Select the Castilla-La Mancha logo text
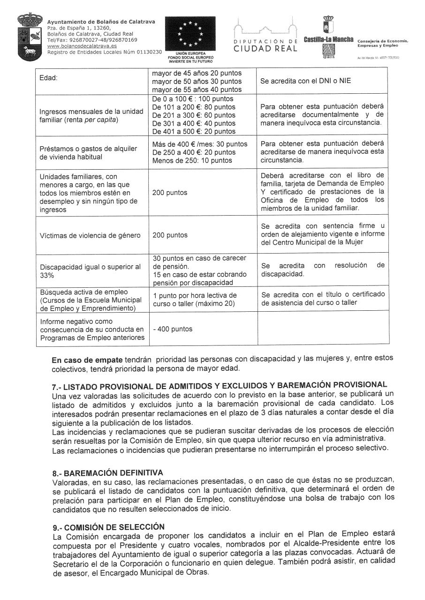(x=328, y=39)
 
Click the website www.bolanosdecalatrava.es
(x=76, y=46)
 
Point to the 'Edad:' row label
(x=48, y=77)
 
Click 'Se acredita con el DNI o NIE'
(x=305, y=81)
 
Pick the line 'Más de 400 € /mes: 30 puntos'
(x=200, y=144)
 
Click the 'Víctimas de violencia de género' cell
(x=90, y=235)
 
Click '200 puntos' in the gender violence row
(x=170, y=235)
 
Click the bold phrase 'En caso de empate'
(x=87, y=360)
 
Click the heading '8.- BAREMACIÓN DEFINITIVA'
(x=107, y=472)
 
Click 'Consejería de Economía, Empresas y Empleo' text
(x=382, y=43)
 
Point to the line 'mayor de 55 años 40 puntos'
(x=197, y=89)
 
